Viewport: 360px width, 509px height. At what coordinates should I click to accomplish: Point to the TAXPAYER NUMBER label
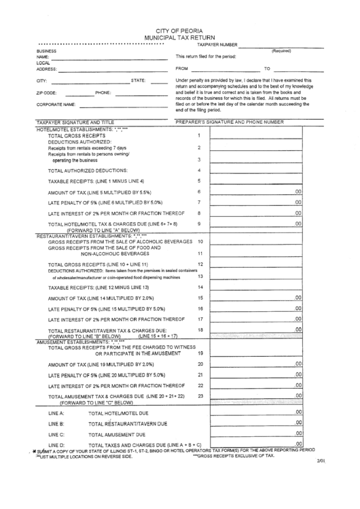[x=217, y=44]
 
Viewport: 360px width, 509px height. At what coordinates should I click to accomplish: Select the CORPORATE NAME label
[x=56, y=105]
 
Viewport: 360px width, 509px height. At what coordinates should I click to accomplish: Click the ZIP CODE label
[x=47, y=92]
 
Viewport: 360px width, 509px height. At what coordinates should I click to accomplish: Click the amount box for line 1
[x=256, y=136]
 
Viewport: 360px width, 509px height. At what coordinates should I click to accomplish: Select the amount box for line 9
[x=256, y=223]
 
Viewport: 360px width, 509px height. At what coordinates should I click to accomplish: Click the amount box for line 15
[x=256, y=298]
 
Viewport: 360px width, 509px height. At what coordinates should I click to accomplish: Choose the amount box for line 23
[x=256, y=396]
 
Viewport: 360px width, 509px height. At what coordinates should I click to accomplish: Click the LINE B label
[x=56, y=423]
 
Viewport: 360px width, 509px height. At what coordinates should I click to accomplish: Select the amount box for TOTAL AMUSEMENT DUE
[x=256, y=433]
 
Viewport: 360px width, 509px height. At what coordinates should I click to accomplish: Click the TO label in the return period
[x=267, y=69]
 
